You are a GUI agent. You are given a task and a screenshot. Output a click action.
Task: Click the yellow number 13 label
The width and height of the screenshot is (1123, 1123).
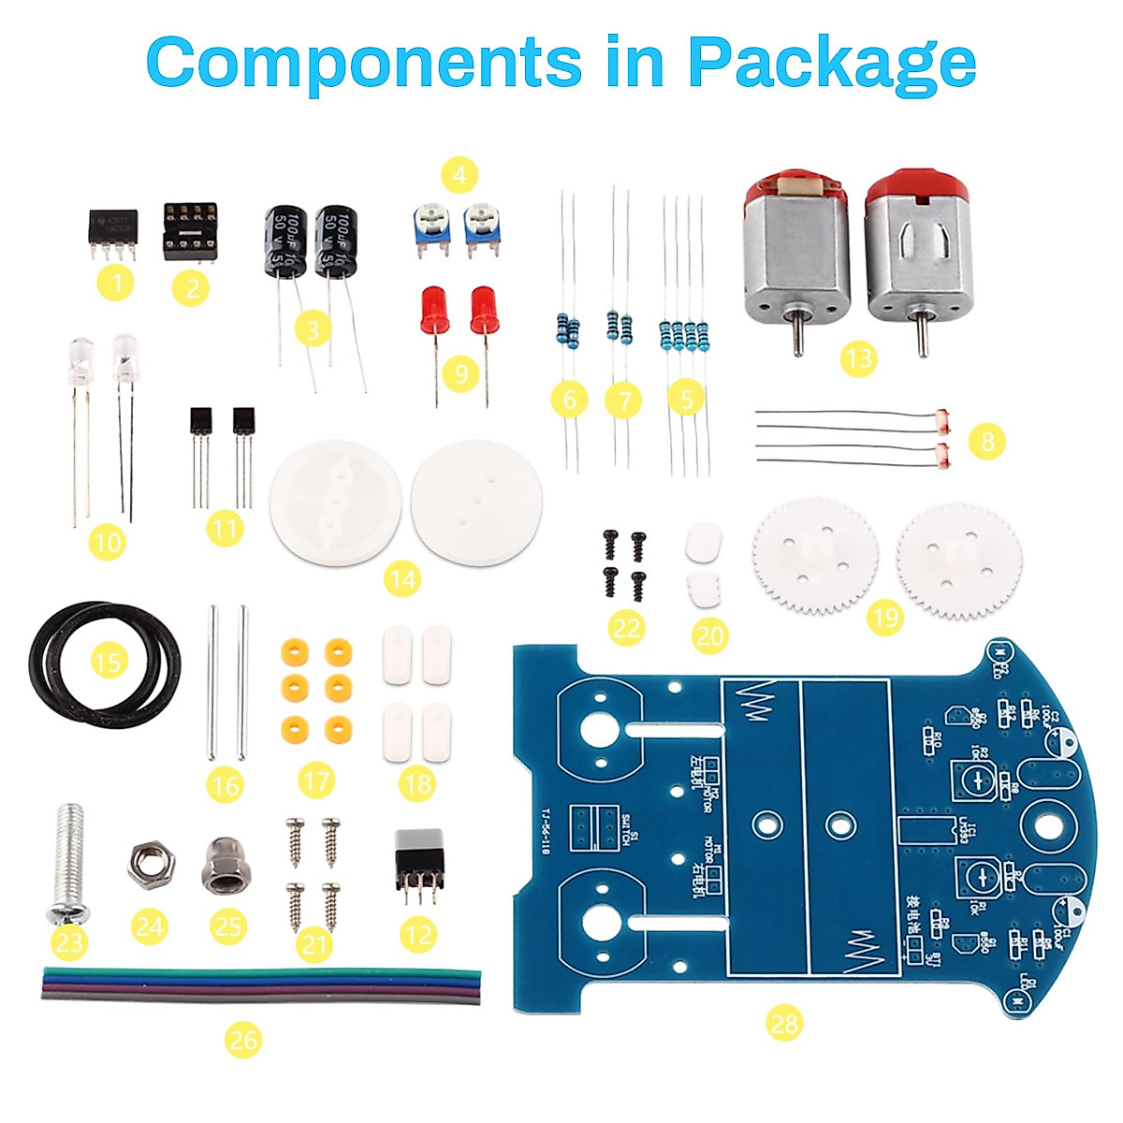(858, 357)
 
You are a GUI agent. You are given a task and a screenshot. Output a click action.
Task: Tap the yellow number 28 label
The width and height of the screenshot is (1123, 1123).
(784, 1022)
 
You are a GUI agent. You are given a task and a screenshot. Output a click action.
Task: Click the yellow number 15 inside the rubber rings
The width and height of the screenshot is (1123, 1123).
(109, 662)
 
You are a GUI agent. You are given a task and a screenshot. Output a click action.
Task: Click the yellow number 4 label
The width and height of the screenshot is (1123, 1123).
(459, 175)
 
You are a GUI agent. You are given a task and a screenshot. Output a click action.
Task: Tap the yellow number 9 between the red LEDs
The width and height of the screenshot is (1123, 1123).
(460, 374)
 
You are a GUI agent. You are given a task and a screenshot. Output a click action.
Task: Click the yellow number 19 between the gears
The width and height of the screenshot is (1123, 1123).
(884, 617)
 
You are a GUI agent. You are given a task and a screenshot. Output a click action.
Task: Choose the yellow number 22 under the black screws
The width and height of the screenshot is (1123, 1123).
(626, 626)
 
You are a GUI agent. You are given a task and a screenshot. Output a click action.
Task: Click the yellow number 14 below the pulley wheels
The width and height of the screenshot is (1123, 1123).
(402, 580)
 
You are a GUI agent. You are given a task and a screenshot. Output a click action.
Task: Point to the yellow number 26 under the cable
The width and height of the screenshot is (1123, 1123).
(243, 1039)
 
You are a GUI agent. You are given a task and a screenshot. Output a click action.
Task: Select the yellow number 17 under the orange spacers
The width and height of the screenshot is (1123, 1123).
(317, 780)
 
